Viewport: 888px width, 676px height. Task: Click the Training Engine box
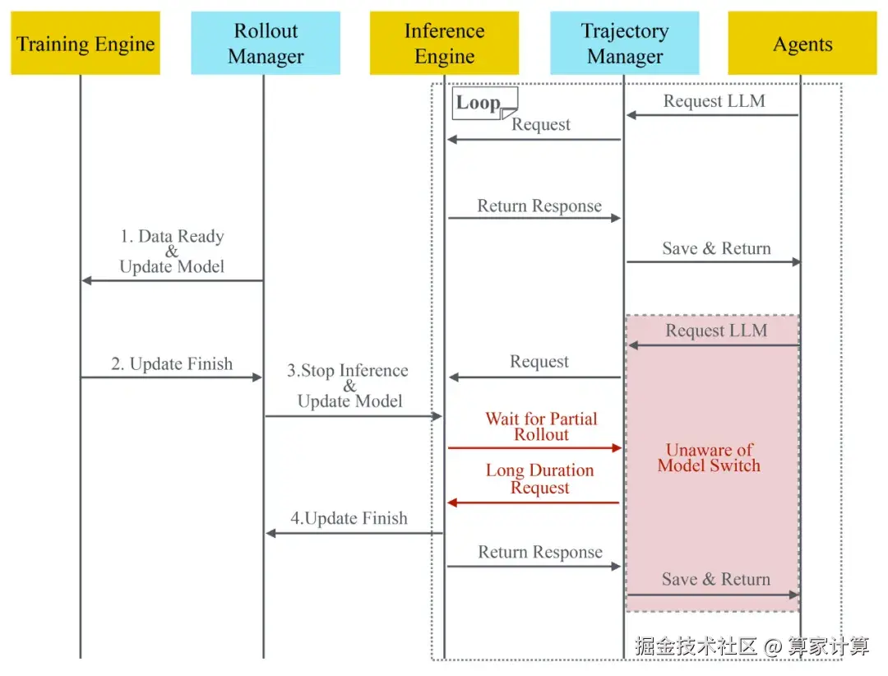[86, 44]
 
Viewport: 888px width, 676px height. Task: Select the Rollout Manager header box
[266, 44]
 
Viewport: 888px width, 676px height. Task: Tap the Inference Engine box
[444, 44]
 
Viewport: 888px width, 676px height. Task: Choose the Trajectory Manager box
[625, 44]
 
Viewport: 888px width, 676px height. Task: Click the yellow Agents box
[802, 44]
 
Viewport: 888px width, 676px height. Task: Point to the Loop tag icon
[485, 104]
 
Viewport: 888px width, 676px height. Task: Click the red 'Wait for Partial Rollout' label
[541, 427]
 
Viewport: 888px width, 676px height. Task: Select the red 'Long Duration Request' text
[539, 479]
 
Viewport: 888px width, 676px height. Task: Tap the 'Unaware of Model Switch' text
[709, 457]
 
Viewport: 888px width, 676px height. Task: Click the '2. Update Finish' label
[172, 363]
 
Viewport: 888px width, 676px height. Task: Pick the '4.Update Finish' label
[349, 518]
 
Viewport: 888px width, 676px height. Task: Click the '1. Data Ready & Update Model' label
[172, 252]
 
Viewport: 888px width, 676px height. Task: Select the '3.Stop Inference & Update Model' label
[349, 386]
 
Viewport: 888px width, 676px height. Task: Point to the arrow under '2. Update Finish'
[171, 377]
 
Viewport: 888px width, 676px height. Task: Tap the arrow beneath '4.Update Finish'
[354, 533]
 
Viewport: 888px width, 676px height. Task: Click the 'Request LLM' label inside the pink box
[716, 331]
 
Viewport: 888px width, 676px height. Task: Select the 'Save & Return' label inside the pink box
[716, 579]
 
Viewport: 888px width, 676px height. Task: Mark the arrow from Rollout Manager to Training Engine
[172, 280]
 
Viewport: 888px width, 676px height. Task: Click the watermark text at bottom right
[752, 646]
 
